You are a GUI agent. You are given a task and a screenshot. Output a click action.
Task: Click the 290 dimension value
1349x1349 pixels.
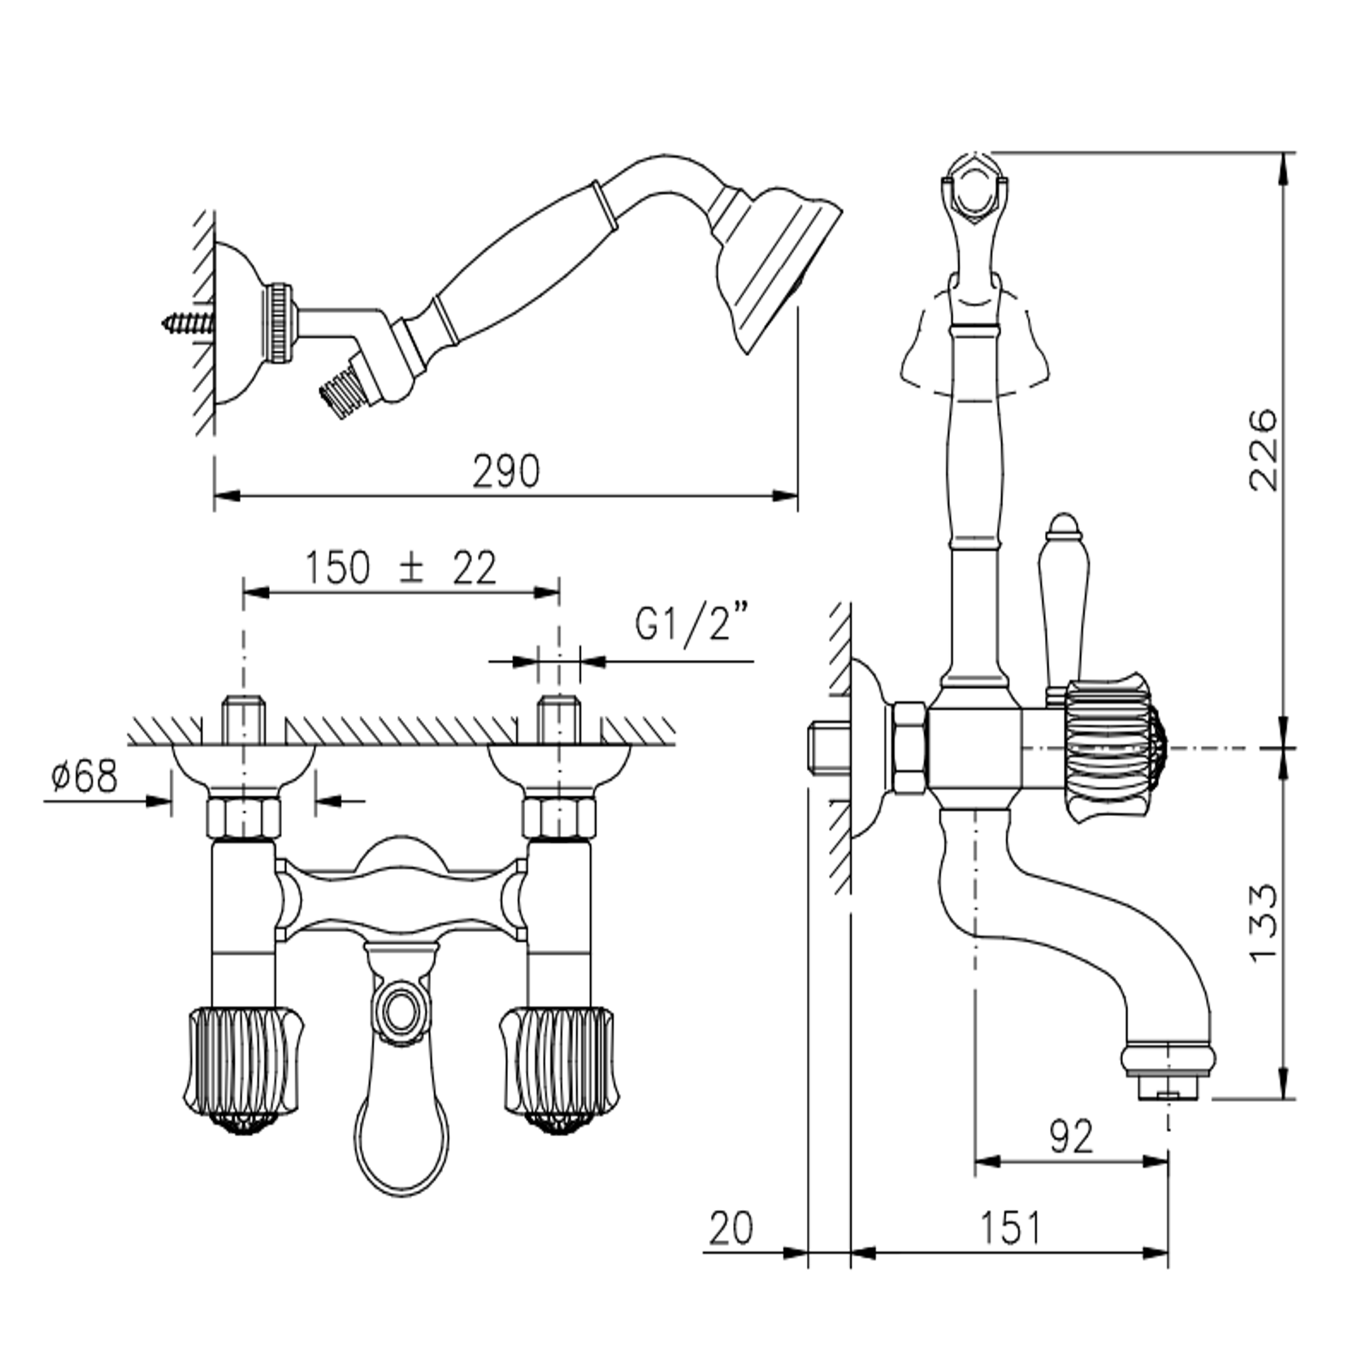pos(506,471)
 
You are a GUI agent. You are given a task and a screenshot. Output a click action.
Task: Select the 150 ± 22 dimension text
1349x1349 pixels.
pos(401,568)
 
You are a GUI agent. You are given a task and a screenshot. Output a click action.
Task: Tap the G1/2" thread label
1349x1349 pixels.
pos(692,624)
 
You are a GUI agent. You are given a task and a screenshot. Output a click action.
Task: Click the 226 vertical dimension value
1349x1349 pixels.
pos(1264,450)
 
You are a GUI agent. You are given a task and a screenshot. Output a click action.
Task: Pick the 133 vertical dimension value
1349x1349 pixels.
pos(1264,924)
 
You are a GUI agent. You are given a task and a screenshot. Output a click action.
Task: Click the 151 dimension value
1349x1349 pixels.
pos(1010,1227)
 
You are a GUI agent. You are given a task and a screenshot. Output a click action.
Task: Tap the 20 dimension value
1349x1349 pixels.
pos(731,1227)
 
